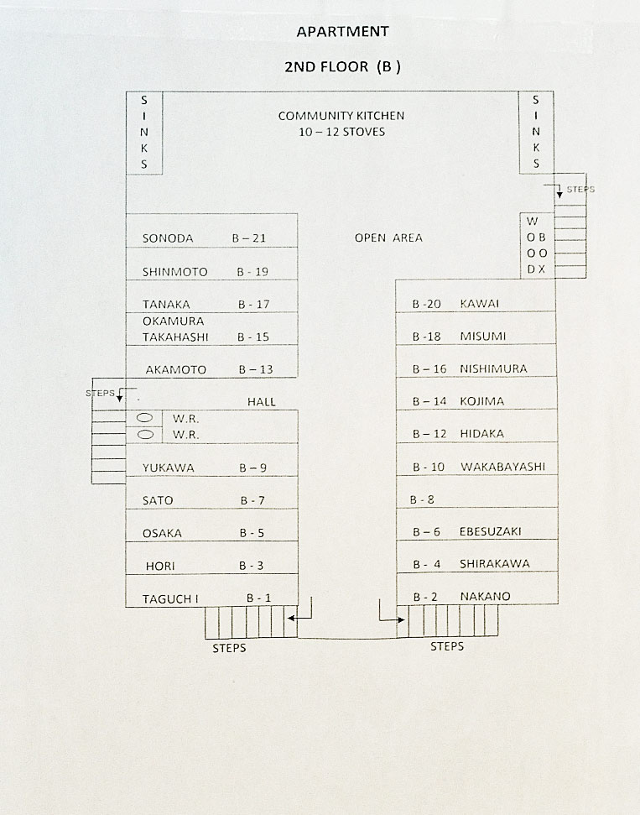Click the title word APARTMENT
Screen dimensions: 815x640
click(x=342, y=32)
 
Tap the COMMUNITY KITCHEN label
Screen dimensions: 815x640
click(x=341, y=116)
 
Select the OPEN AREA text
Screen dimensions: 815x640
click(x=388, y=238)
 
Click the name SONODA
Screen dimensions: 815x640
click(x=168, y=238)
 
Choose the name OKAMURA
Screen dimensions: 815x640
click(x=173, y=321)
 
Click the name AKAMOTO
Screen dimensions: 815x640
click(x=174, y=369)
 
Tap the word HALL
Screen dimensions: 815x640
click(x=262, y=402)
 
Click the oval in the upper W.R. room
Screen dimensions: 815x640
click(x=144, y=417)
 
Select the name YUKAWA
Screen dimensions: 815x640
click(x=168, y=468)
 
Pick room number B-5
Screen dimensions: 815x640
click(x=252, y=533)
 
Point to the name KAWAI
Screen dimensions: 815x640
click(x=480, y=304)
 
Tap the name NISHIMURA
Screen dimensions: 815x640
click(x=493, y=369)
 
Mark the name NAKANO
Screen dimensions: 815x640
click(x=485, y=597)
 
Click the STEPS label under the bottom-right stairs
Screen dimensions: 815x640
click(x=447, y=646)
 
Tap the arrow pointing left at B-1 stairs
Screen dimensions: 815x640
click(x=294, y=618)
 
